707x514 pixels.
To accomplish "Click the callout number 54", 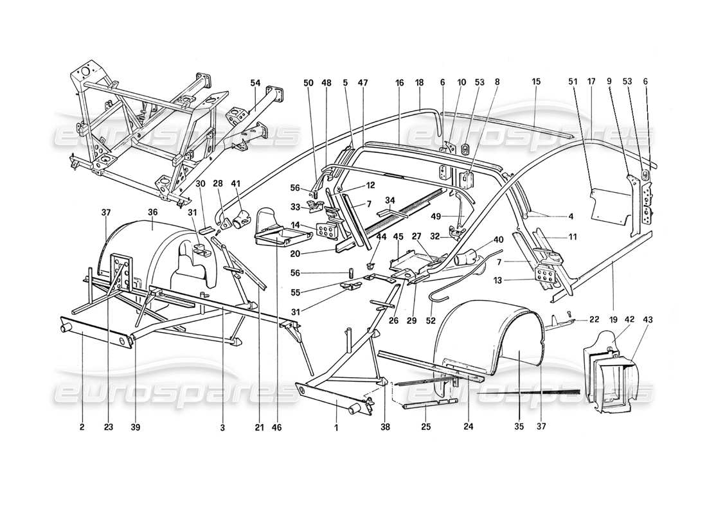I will point(256,82).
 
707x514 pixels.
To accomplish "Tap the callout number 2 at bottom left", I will point(83,425).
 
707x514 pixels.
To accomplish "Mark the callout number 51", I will point(573,82).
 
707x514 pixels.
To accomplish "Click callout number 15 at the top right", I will point(535,82).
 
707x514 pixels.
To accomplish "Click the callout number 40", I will point(498,240).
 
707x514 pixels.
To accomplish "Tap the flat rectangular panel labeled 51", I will point(606,200).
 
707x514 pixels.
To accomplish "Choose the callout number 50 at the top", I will point(308,82).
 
